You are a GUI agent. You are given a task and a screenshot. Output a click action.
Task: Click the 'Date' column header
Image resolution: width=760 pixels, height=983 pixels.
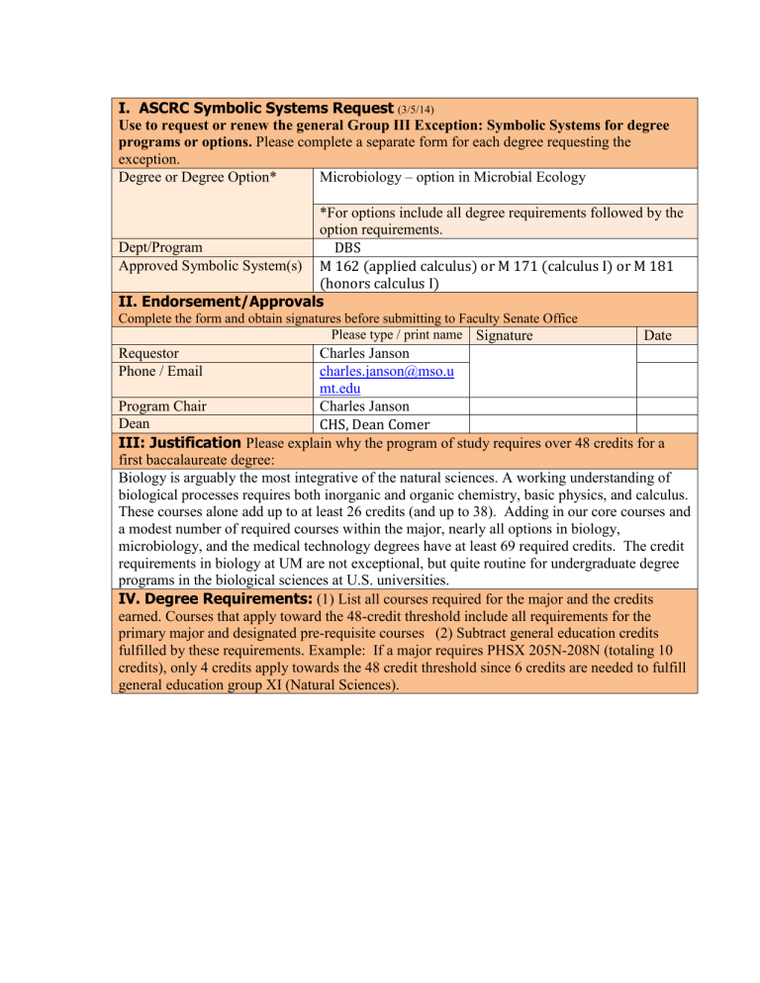[658, 335]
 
